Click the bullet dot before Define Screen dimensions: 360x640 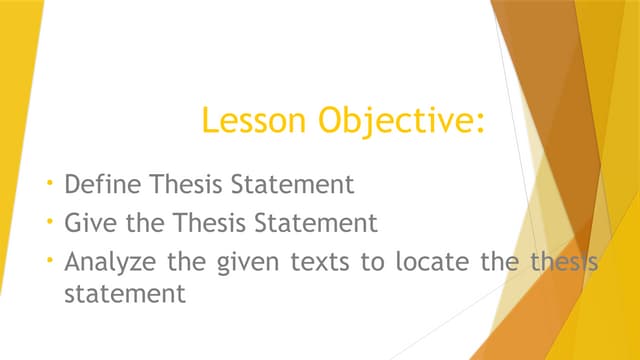[x=50, y=184]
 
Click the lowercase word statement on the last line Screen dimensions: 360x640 [x=124, y=295]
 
